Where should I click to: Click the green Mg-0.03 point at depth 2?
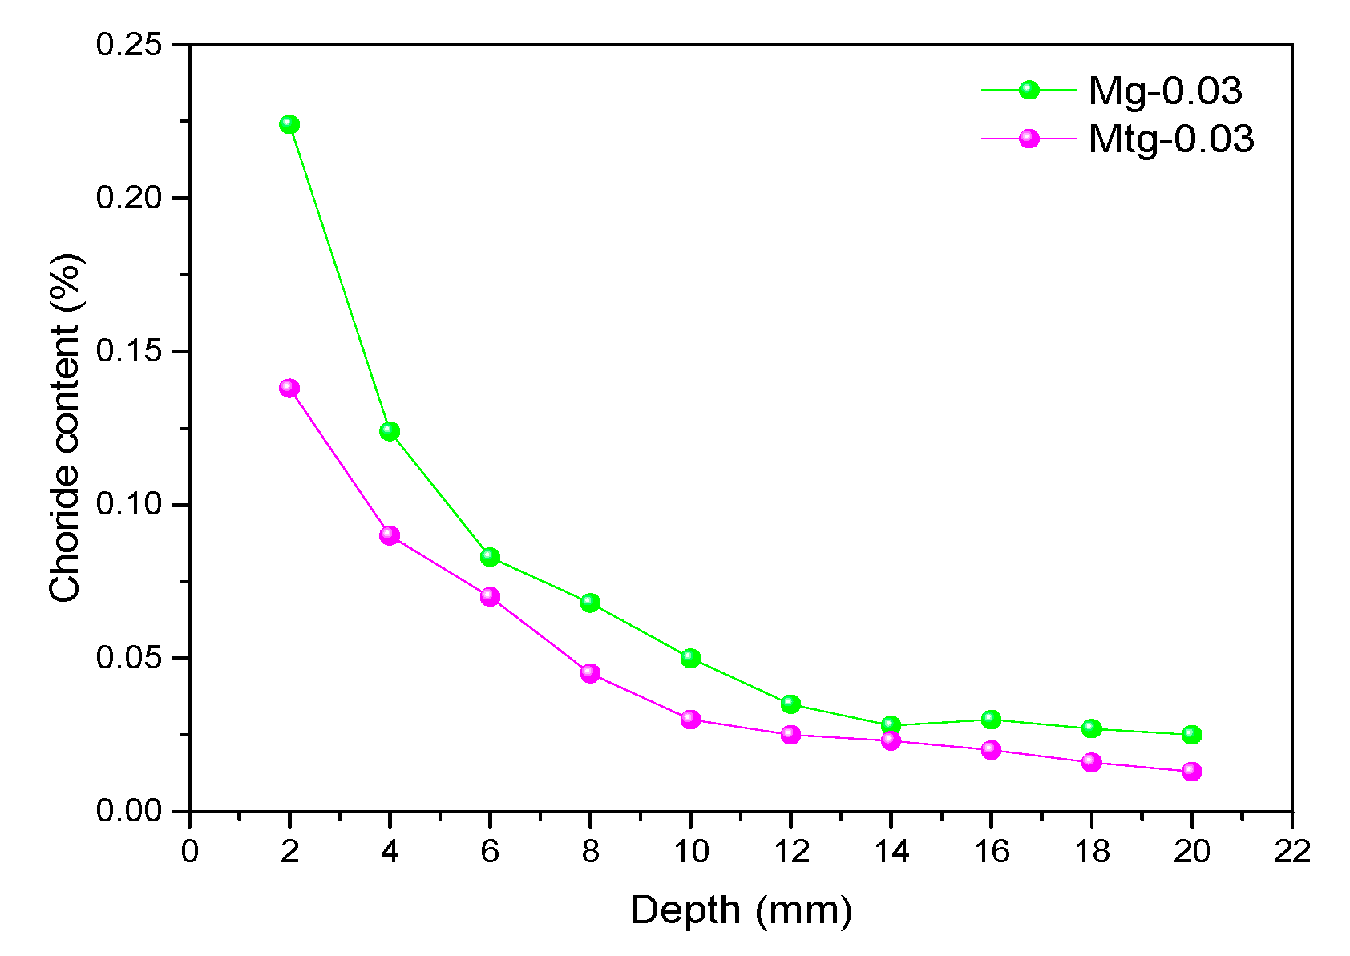[289, 124]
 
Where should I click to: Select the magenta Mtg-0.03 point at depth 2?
[289, 388]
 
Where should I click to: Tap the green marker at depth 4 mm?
[390, 431]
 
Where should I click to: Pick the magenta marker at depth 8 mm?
[590, 673]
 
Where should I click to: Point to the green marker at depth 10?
[690, 658]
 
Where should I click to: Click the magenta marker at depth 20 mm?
[1191, 772]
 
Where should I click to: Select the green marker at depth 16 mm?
[991, 720]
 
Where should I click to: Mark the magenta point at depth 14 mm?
[891, 740]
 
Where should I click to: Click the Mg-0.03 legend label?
[1164, 91]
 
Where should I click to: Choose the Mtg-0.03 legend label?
[1170, 139]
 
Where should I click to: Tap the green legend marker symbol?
[1029, 91]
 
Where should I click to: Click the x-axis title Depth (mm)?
[741, 911]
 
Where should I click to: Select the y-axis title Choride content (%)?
[66, 427]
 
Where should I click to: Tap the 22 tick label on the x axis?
[1291, 851]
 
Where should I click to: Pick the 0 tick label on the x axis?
[189, 851]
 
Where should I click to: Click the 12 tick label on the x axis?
[790, 851]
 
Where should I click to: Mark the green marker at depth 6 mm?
[490, 557]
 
